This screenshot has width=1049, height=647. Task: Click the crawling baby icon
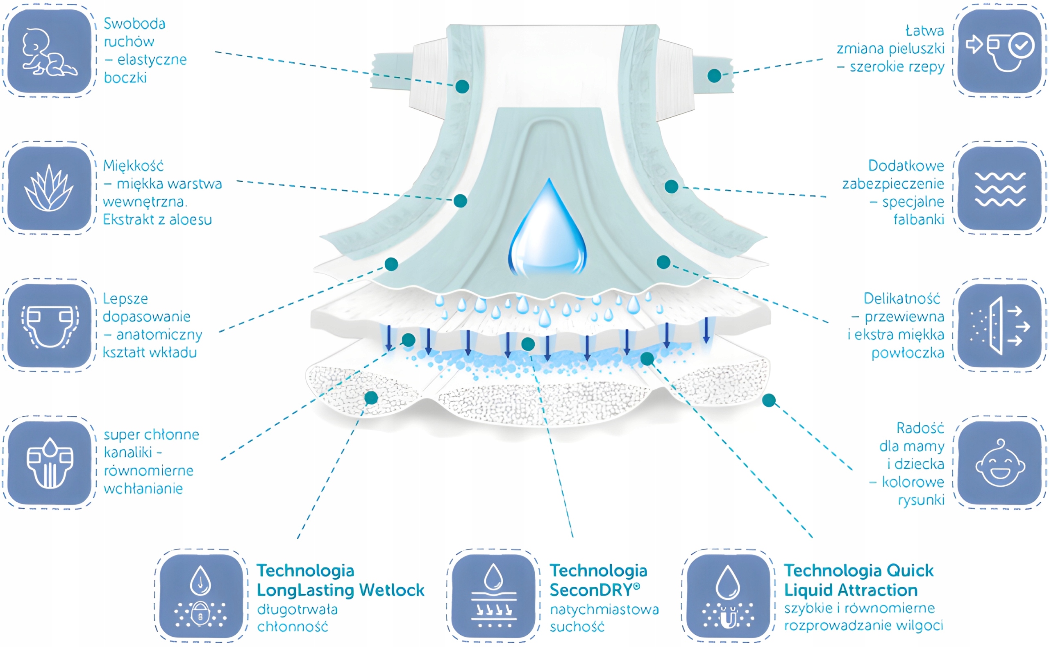pyautogui.click(x=49, y=51)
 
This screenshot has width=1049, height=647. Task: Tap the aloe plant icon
pyautogui.click(x=49, y=188)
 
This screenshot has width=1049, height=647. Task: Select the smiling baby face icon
pyautogui.click(x=1000, y=462)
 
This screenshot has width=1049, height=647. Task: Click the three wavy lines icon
pyautogui.click(x=1000, y=189)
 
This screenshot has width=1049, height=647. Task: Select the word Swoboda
pyautogui.click(x=134, y=24)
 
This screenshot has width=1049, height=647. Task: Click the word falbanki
pyautogui.click(x=919, y=219)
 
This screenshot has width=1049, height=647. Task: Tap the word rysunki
pyautogui.click(x=921, y=500)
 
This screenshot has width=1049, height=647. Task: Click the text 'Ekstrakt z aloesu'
pyautogui.click(x=157, y=219)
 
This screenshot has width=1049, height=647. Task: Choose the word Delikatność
pyautogui.click(x=902, y=298)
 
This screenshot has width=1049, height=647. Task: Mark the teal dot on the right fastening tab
pyautogui.click(x=714, y=76)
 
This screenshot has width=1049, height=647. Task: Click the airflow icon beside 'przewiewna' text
pyautogui.click(x=1000, y=326)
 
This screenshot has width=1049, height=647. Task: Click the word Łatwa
pyautogui.click(x=924, y=30)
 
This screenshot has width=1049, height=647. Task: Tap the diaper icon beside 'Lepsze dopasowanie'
pyautogui.click(x=49, y=326)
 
